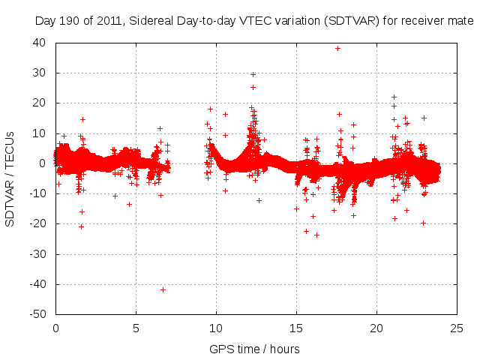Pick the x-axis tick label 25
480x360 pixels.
[x=457, y=328]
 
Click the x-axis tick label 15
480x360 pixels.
[x=296, y=328]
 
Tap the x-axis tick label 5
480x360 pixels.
[x=136, y=328]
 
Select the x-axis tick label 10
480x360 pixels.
[x=216, y=328]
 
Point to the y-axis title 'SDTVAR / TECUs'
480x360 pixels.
[x=10, y=178]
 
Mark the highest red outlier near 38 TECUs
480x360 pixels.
[x=337, y=48]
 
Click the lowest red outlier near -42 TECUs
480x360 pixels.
[x=163, y=289]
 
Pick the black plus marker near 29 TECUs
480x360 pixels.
[x=253, y=74]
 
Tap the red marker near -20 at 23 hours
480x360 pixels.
[x=423, y=223]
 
